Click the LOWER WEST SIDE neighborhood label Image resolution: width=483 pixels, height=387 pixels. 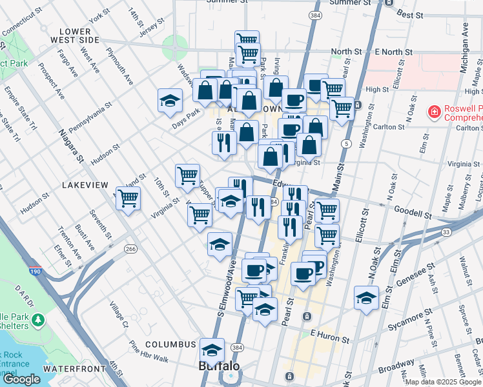[79, 35]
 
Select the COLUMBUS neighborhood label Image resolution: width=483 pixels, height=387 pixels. [170, 344]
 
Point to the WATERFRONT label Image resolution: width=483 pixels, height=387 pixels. [73, 368]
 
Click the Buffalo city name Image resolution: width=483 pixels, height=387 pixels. [218, 366]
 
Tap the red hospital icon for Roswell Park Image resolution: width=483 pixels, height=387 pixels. [435, 112]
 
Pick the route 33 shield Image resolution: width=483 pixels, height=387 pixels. [446, 232]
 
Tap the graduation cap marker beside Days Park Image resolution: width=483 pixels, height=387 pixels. [170, 101]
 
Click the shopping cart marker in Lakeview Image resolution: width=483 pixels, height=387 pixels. [128, 198]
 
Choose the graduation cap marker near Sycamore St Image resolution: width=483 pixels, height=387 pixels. [365, 298]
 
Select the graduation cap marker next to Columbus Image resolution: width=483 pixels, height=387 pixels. [212, 349]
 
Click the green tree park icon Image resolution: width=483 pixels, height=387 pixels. [37, 320]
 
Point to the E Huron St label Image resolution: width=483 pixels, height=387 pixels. [329, 335]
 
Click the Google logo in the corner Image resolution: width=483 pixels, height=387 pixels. [21, 379]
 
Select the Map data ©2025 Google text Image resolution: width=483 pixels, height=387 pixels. [443, 382]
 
